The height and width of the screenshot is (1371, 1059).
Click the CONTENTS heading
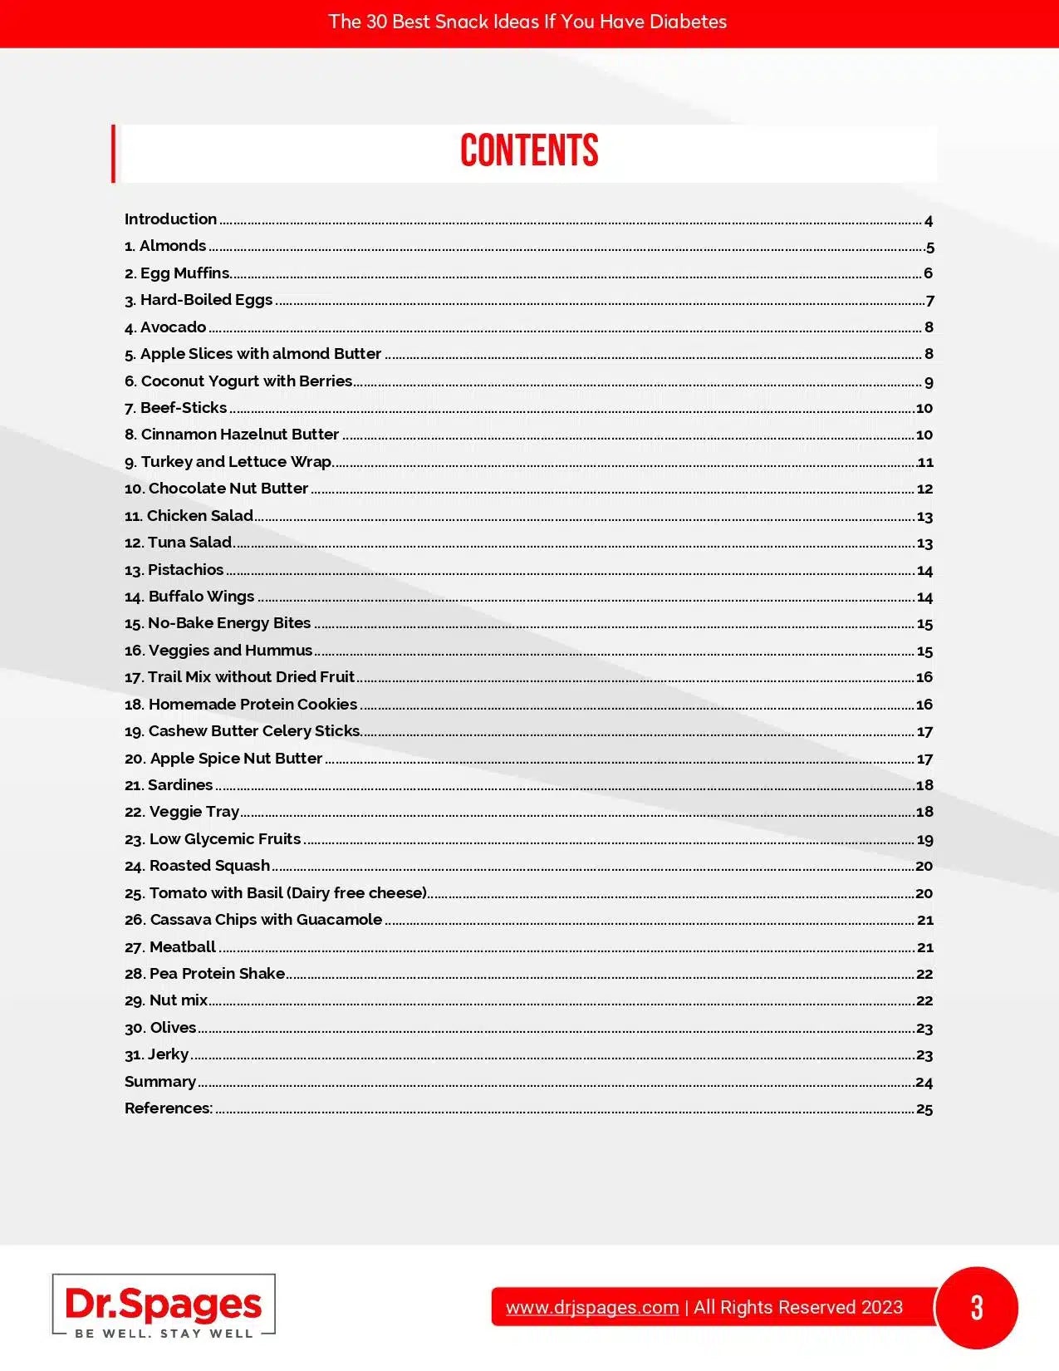pyautogui.click(x=529, y=151)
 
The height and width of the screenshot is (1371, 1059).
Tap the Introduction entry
pyautogui.click(x=170, y=219)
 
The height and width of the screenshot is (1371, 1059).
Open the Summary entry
pyautogui.click(x=160, y=1082)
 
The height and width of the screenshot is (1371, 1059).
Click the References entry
pyautogui.click(x=169, y=1108)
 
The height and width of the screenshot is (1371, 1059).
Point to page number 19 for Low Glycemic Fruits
pyautogui.click(x=924, y=840)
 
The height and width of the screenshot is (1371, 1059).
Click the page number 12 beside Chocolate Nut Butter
pyautogui.click(x=924, y=489)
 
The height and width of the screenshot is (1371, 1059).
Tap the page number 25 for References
pyautogui.click(x=924, y=1109)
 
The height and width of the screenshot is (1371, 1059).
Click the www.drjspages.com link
pyautogui.click(x=592, y=1307)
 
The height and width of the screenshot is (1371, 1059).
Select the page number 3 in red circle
pyautogui.click(x=977, y=1307)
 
